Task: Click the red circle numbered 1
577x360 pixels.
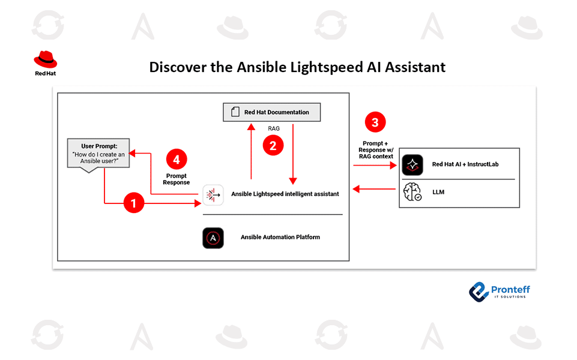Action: tap(134, 204)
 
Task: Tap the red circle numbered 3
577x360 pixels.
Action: tap(375, 123)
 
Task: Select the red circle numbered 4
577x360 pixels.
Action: tap(176, 160)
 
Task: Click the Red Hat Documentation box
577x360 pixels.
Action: tap(272, 112)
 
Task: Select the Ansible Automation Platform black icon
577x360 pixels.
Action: tap(213, 238)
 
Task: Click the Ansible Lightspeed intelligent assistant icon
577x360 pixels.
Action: tap(213, 194)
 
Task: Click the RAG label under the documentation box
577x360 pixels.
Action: tap(274, 128)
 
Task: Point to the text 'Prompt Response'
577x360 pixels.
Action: tap(176, 179)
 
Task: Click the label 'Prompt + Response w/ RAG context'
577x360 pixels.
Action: tap(375, 149)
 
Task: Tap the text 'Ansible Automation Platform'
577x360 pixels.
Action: tap(280, 237)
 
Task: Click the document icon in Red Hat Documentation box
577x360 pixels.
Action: tap(235, 112)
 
